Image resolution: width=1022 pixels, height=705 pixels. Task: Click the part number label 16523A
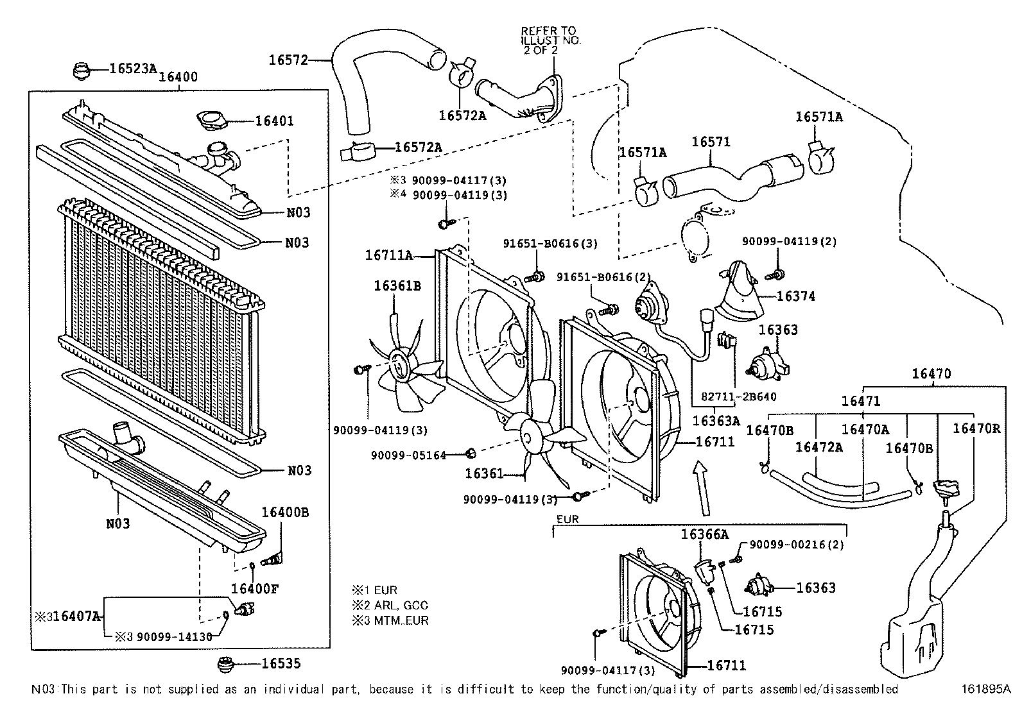(133, 69)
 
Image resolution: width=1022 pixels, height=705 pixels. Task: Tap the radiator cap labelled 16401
(212, 121)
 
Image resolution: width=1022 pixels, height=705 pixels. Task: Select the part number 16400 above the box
(178, 76)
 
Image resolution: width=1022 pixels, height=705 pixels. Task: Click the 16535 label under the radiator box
(281, 663)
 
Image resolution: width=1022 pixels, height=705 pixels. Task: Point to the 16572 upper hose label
(288, 60)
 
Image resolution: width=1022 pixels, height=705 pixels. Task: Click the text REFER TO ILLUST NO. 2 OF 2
(551, 40)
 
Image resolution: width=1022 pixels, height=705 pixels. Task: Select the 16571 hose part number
(711, 142)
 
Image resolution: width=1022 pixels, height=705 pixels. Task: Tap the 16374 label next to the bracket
(795, 296)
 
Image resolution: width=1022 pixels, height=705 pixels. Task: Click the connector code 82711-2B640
(739, 396)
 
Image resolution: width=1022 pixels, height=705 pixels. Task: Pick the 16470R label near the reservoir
(976, 429)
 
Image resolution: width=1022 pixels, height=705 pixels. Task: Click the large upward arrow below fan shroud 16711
(702, 488)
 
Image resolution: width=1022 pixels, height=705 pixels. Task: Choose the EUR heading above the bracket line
(567, 519)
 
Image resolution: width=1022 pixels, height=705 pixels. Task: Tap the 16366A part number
(705, 534)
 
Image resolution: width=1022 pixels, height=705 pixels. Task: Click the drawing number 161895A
(987, 689)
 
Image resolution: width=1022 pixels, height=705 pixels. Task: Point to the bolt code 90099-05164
(408, 455)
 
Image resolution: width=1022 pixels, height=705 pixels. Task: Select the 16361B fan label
(397, 286)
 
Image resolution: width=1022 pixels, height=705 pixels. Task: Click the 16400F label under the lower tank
(255, 589)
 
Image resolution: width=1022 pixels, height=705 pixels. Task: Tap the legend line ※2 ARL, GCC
(390, 605)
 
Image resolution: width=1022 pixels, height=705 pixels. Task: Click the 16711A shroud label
(389, 255)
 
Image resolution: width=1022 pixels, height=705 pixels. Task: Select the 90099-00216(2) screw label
(797, 545)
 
